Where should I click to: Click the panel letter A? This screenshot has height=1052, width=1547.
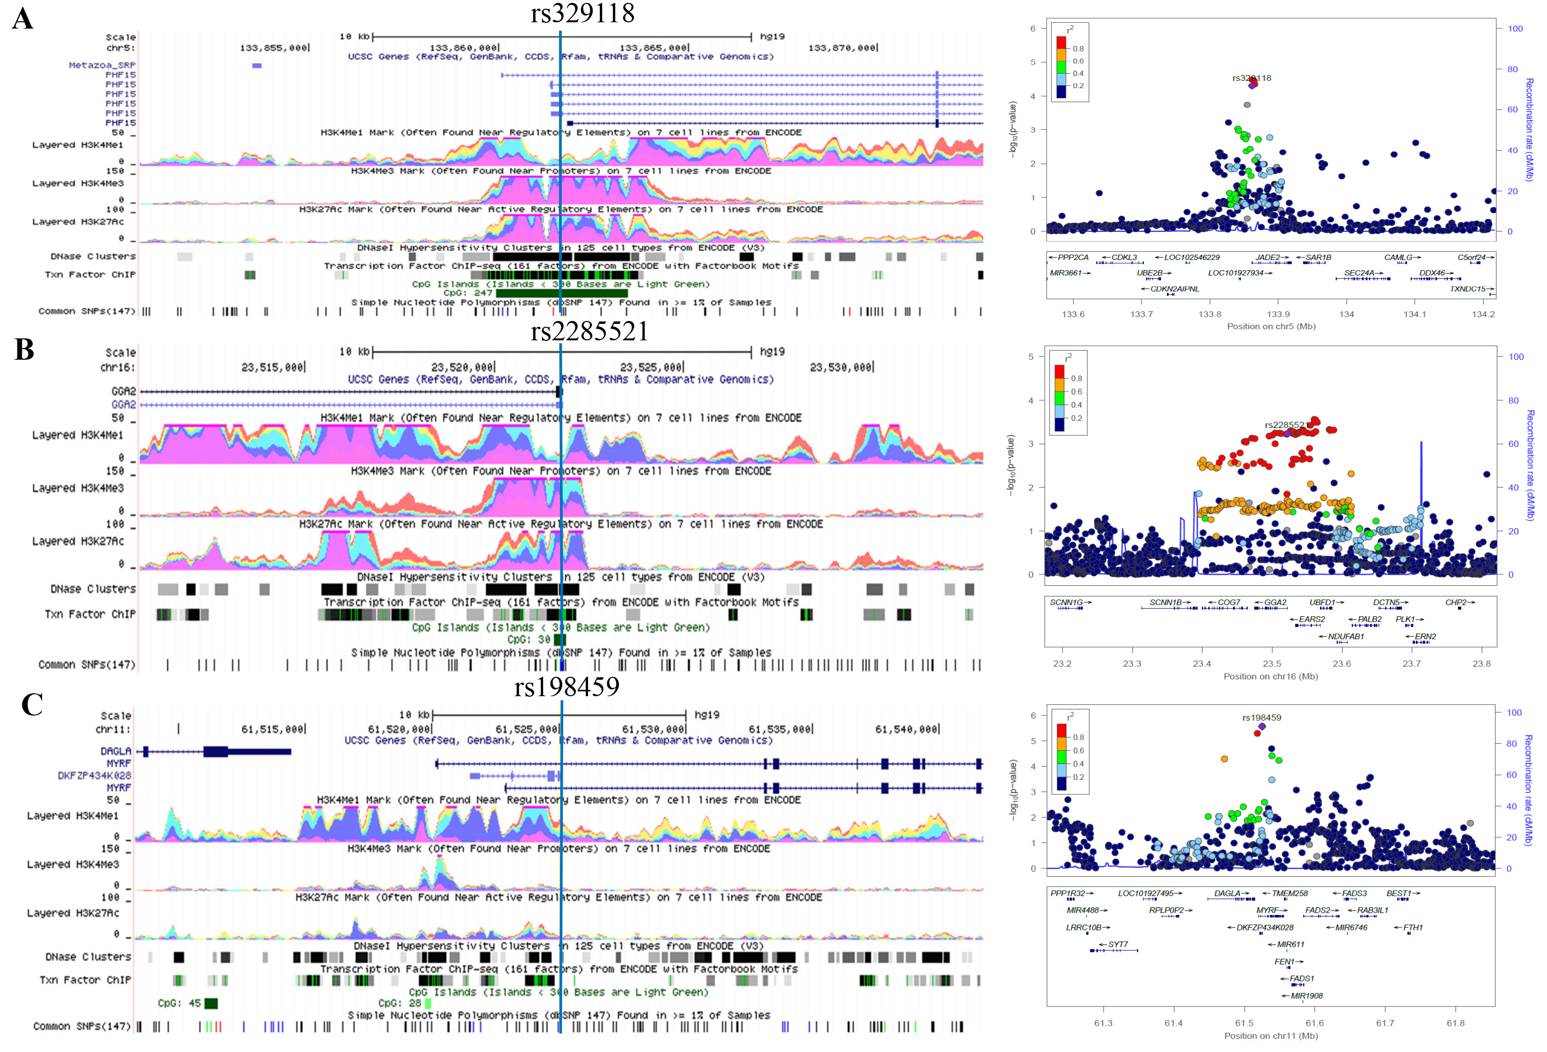tap(23, 19)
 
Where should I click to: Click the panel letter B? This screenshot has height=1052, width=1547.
tap(24, 349)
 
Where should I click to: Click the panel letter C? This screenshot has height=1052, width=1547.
tap(31, 705)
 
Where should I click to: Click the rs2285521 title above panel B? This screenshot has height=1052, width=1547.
tap(589, 332)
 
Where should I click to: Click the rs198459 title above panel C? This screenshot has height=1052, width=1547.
tap(567, 686)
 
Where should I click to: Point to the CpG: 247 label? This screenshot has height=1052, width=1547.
tap(468, 293)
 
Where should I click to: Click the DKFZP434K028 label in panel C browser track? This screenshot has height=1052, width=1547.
tap(94, 776)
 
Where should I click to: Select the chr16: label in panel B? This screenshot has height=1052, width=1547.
tap(118, 367)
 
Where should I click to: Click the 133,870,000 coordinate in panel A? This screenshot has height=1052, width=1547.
tap(843, 48)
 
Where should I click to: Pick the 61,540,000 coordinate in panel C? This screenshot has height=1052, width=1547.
tap(907, 730)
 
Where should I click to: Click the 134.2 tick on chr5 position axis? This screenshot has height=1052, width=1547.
tap(1483, 314)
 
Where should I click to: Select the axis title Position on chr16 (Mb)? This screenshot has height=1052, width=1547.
tap(1270, 676)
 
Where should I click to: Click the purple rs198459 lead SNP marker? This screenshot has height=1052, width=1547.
tap(1262, 726)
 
